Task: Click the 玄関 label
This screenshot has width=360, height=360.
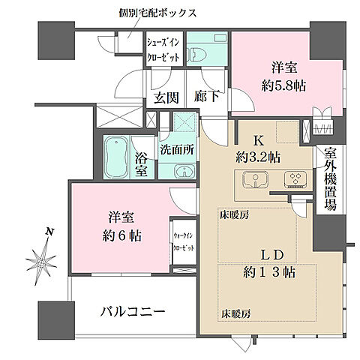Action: [166, 97]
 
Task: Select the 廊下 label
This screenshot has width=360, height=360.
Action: [206, 97]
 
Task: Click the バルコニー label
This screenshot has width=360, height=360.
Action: [132, 311]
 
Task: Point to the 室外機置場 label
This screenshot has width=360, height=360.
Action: [330, 178]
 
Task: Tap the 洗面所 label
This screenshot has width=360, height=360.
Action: [177, 149]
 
